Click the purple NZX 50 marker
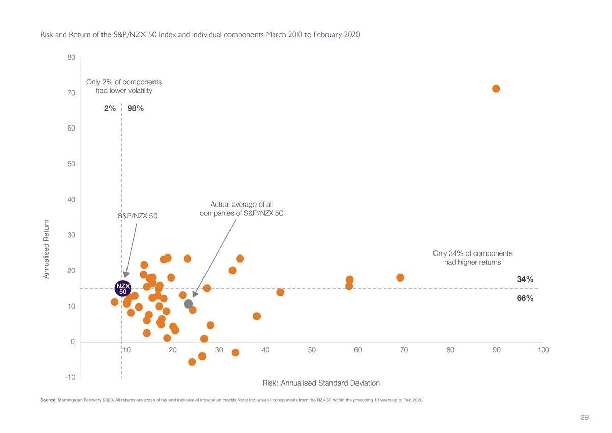tap(123, 288)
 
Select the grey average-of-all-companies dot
tap(188, 304)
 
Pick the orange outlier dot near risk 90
tap(496, 89)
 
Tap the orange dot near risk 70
tap(400, 277)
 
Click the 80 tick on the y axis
tap(71, 58)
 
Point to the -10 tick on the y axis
tap(70, 377)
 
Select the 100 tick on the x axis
tap(543, 350)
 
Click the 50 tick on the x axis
tap(312, 350)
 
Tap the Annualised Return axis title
tap(46, 249)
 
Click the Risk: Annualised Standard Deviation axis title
tap(321, 383)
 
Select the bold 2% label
tap(110, 108)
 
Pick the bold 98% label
tap(136, 108)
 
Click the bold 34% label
tap(525, 279)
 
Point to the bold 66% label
tap(525, 298)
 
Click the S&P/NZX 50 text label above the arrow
tap(137, 216)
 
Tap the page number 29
tap(584, 417)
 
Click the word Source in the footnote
tap(48, 400)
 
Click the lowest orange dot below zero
tap(192, 362)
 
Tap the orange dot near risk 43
tap(280, 292)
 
